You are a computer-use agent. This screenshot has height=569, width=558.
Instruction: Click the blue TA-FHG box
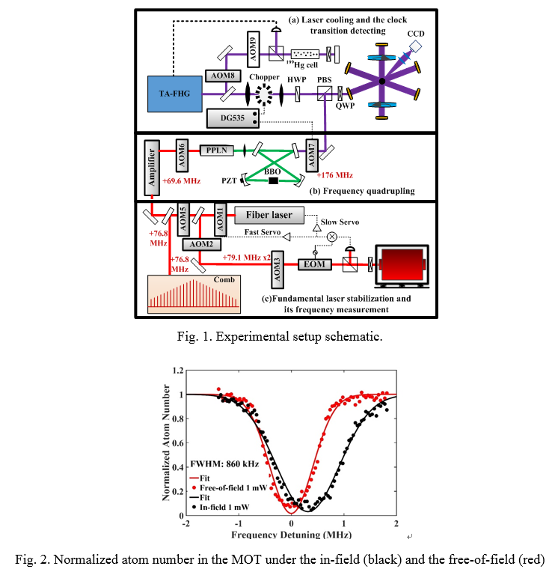point(175,94)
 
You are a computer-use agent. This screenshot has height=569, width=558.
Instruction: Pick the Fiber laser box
point(269,215)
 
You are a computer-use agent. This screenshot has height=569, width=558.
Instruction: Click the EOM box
point(310,264)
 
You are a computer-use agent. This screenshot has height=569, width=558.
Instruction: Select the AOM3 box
point(278,268)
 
